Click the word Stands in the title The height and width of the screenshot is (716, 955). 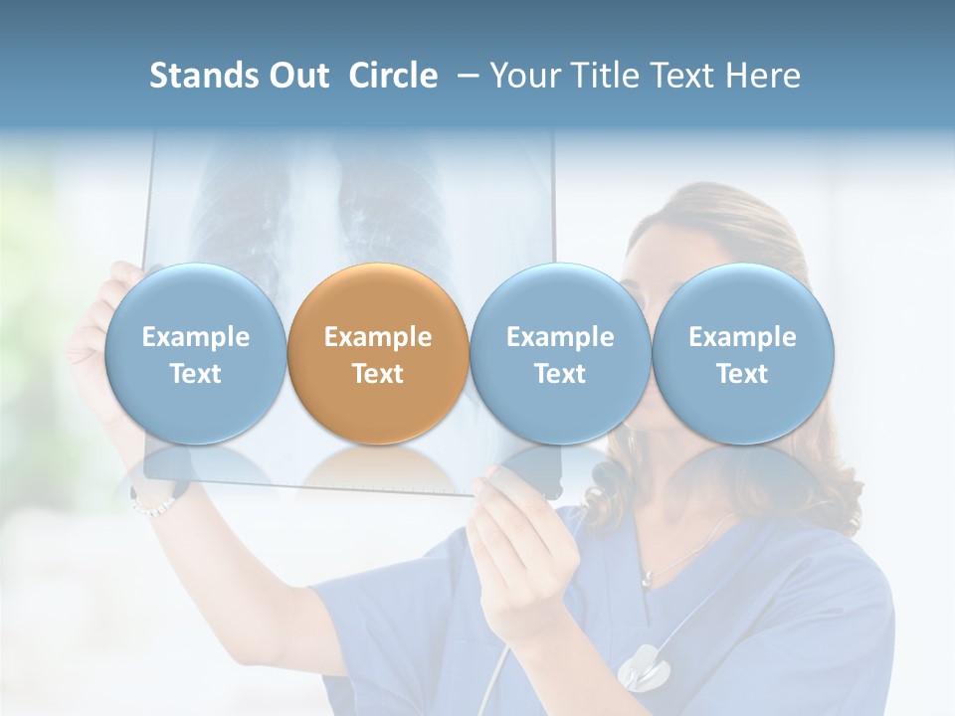click(203, 76)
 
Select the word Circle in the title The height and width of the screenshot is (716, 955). click(393, 76)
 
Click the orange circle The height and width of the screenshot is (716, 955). click(378, 353)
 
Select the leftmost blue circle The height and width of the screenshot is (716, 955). click(195, 353)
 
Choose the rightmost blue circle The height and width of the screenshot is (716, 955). click(742, 353)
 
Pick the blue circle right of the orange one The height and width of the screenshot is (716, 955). click(560, 353)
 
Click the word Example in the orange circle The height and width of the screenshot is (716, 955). click(378, 337)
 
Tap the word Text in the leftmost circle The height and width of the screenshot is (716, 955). click(195, 374)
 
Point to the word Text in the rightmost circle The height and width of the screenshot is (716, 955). click(742, 374)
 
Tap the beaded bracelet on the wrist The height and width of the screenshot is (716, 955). click(152, 505)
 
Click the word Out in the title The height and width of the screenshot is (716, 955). click(297, 76)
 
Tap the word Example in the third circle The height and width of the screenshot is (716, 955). click(560, 337)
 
